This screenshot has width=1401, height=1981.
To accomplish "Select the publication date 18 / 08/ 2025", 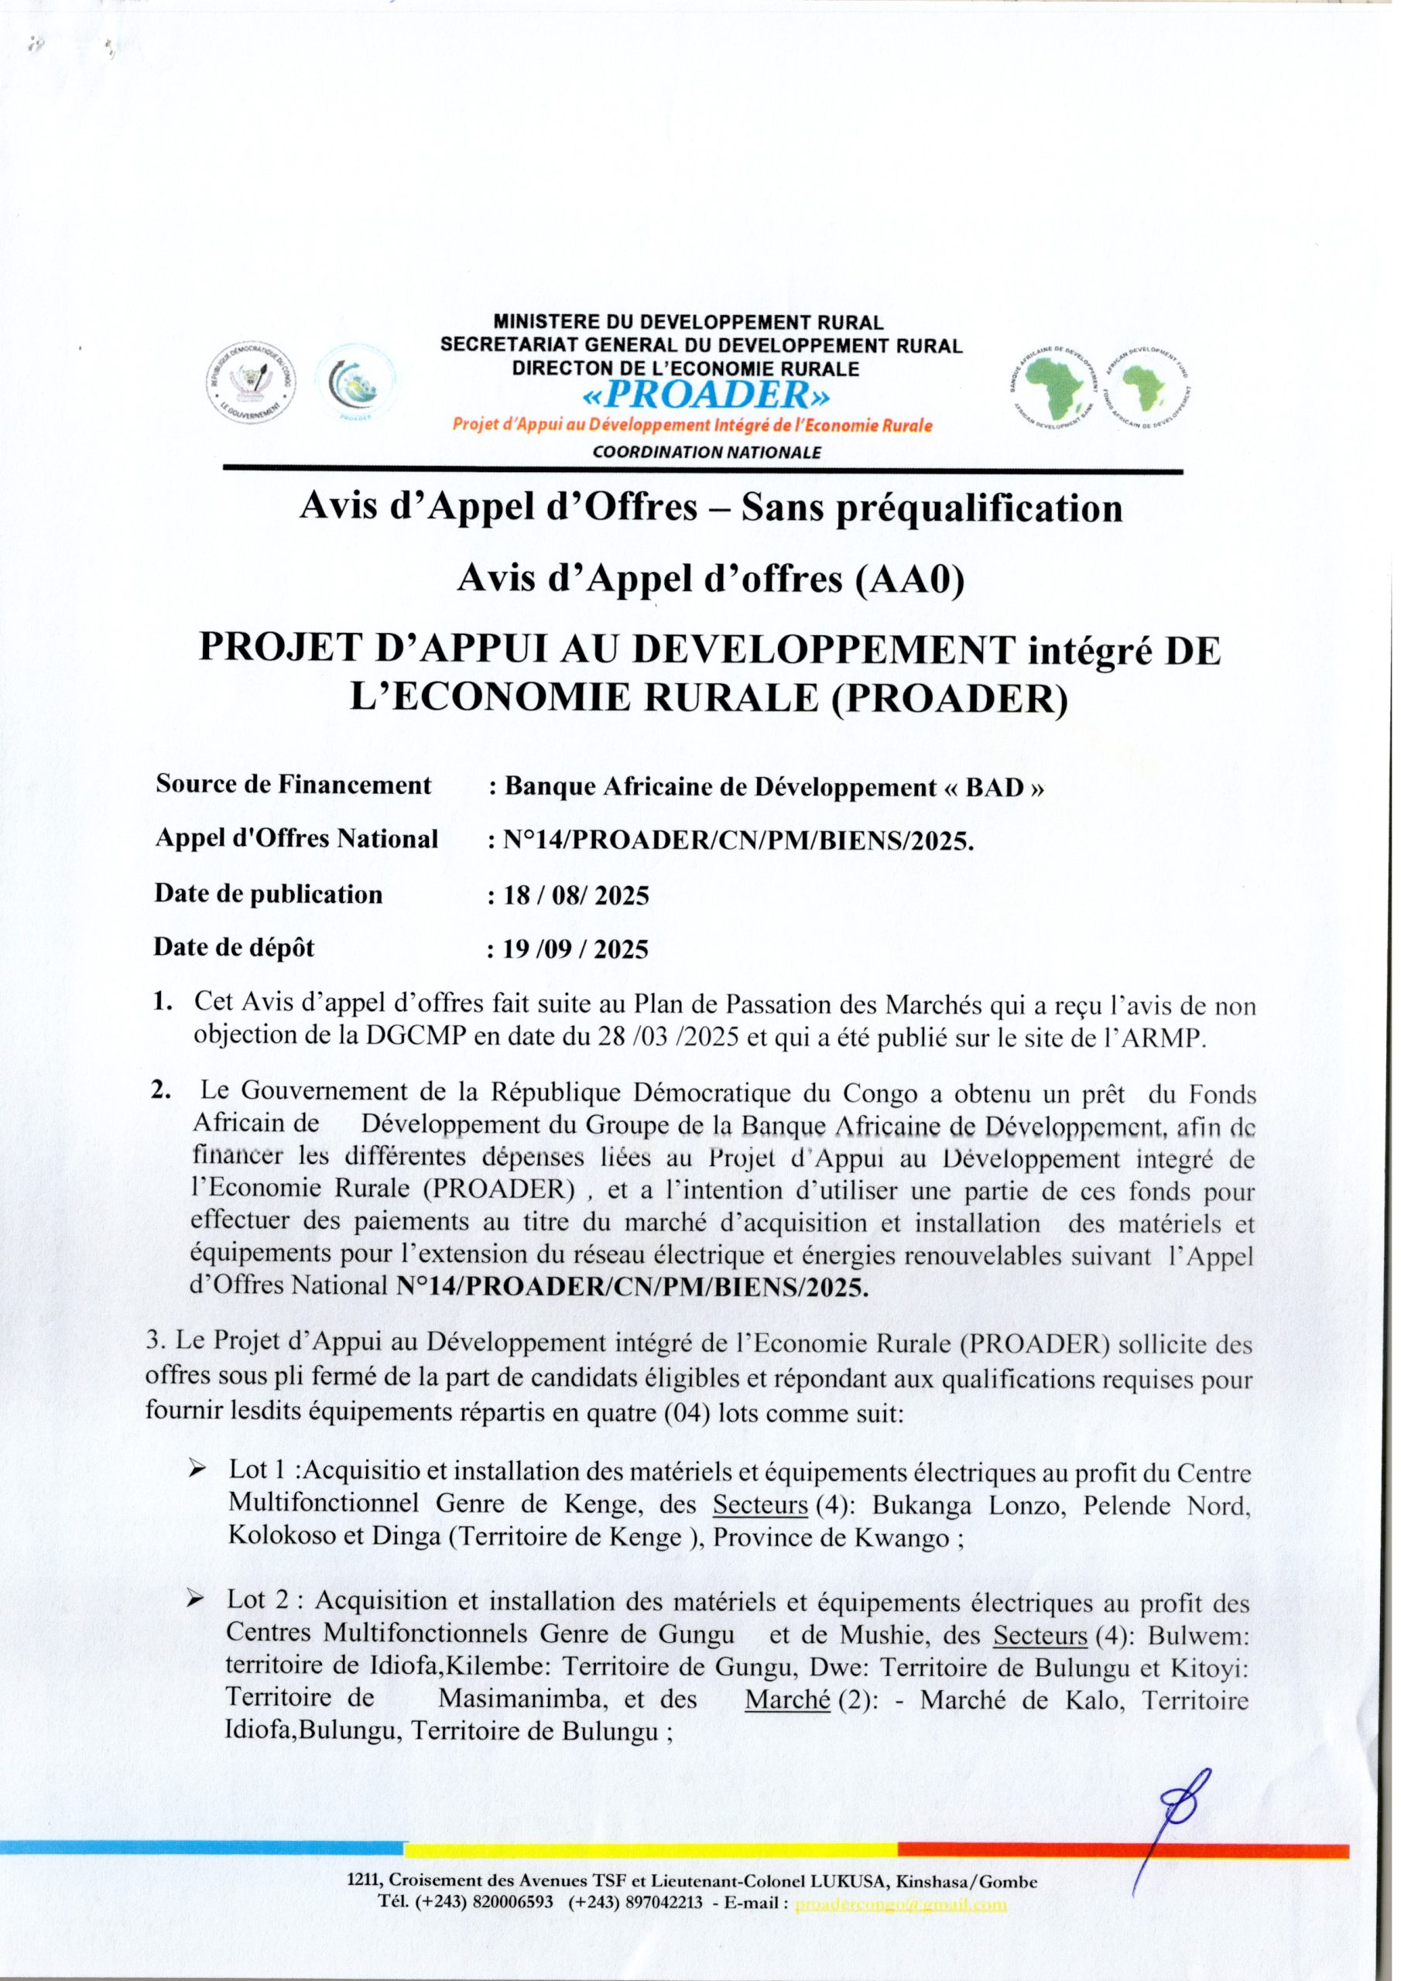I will [x=568, y=896].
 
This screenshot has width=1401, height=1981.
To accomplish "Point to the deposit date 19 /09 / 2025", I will [x=568, y=950].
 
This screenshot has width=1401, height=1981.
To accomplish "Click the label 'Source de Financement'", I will [x=293, y=785].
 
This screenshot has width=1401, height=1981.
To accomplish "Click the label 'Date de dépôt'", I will [x=234, y=947].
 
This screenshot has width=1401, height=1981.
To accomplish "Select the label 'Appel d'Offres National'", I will [x=296, y=839].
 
